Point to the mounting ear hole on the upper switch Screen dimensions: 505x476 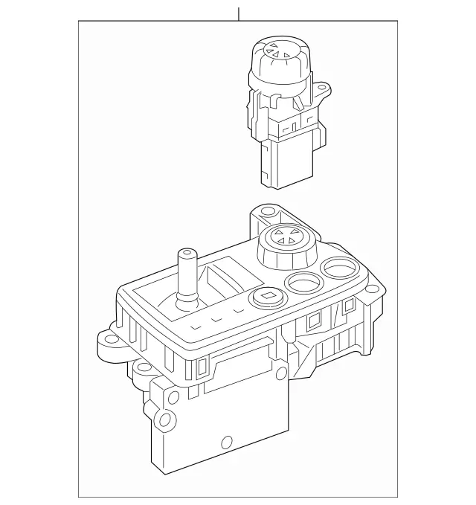322,91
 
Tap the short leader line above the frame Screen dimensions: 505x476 238,14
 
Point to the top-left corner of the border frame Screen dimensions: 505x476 79,22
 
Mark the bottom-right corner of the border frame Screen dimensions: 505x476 397,497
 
